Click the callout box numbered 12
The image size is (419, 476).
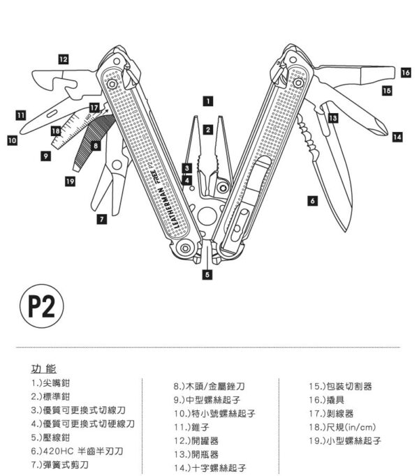(64, 59)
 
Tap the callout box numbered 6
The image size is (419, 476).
(312, 200)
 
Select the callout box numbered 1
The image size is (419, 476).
(207, 101)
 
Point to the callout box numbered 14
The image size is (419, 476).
(397, 137)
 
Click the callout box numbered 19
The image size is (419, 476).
(70, 181)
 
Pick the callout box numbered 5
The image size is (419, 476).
(207, 275)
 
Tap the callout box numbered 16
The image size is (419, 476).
(406, 72)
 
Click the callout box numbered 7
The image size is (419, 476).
(101, 219)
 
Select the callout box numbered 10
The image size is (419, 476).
(12, 140)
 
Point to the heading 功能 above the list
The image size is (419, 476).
(44, 368)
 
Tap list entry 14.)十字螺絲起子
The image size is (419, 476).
(211, 466)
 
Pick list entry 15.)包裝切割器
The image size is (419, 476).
(340, 386)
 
